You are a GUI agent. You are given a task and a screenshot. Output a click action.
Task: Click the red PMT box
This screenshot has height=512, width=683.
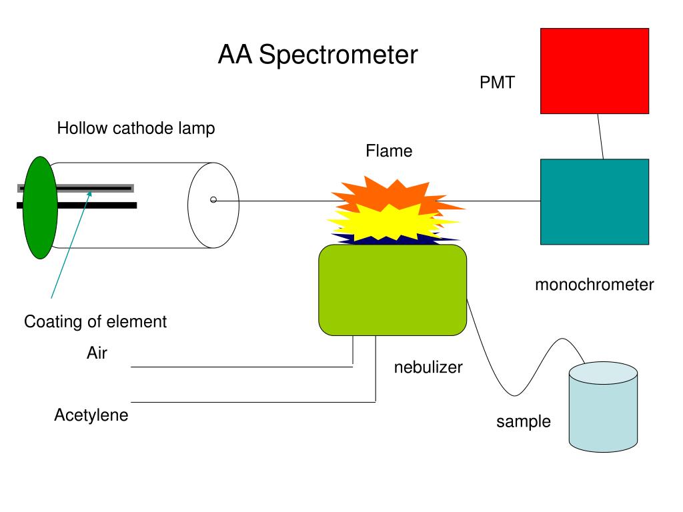coord(594,71)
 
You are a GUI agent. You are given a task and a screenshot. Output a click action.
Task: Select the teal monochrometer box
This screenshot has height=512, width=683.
coord(594,201)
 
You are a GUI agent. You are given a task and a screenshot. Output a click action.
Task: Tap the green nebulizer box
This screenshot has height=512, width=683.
coord(392,290)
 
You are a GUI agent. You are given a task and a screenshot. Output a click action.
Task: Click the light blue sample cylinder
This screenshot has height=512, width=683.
coord(603,407)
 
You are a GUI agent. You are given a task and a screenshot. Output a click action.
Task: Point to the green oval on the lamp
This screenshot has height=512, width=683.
coord(40,208)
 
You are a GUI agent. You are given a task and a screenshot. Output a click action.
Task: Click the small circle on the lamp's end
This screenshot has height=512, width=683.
coord(213,200)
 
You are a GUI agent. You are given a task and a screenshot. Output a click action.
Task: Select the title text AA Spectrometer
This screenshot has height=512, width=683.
coord(317,55)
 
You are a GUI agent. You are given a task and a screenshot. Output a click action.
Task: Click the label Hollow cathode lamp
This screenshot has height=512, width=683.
coord(136,128)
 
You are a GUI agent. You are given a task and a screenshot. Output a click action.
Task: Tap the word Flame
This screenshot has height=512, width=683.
coord(389,151)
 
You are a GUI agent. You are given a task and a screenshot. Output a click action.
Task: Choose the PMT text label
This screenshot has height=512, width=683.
coord(497,82)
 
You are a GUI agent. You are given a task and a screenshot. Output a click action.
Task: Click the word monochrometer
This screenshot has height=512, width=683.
coord(594,284)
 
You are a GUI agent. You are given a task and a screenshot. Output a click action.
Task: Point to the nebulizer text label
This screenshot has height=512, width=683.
coord(428,367)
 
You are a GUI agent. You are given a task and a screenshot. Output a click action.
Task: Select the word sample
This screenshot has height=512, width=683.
coord(524,421)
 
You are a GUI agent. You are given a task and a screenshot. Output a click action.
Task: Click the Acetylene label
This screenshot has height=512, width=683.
coord(91,415)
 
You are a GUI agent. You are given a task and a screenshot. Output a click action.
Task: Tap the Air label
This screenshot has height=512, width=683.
coord(97,353)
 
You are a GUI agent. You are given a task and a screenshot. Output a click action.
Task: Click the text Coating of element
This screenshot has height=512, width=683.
coord(95,321)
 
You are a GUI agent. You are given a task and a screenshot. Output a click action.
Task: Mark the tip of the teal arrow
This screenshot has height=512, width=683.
coord(91,191)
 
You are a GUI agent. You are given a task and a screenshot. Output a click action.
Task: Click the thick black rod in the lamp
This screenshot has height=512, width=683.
coord(77,205)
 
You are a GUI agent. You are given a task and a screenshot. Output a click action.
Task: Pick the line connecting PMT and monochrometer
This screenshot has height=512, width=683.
coord(600,136)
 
